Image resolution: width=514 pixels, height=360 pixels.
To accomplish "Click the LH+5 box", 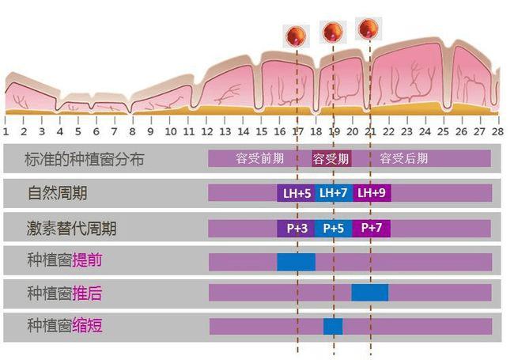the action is [296, 193].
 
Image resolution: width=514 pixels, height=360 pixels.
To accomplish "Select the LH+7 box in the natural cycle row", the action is [334, 193].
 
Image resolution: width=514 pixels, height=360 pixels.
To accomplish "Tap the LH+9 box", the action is [372, 193].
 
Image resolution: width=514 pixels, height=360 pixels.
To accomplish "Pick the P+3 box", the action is [296, 228].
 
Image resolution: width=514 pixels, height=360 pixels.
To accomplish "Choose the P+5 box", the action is [334, 228].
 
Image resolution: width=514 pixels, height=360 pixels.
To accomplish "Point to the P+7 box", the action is [371, 228].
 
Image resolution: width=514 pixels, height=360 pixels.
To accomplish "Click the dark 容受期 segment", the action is [331, 159].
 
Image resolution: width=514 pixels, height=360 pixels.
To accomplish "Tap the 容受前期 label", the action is [259, 158].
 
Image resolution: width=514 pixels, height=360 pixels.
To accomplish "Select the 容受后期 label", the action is [404, 158].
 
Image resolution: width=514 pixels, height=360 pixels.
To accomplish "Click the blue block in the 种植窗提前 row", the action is [296, 262].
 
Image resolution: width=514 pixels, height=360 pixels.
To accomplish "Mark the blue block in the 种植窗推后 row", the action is [370, 293].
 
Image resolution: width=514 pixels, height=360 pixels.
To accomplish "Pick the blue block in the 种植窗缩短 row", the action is [333, 327].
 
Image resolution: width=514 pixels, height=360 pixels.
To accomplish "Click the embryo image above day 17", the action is [296, 36].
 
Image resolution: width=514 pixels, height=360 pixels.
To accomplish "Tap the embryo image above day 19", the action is [333, 32].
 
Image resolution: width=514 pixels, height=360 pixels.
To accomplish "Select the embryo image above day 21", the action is [368, 28].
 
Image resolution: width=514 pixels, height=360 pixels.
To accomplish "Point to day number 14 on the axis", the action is [244, 132].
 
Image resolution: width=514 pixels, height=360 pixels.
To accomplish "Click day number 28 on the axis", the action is [497, 132].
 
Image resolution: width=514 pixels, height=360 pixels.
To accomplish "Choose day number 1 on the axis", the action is [6, 132].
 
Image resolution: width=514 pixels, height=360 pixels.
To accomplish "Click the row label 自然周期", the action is [58, 193].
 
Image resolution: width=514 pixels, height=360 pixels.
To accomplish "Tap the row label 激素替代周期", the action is [71, 228].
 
